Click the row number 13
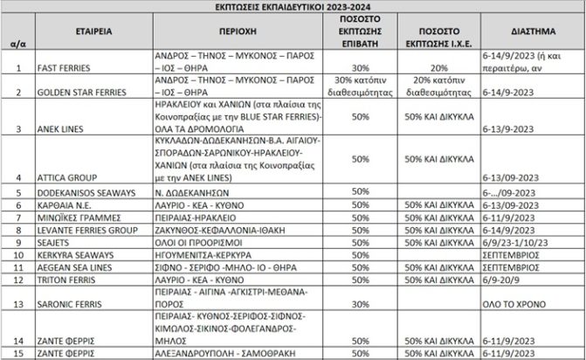(17, 304)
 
